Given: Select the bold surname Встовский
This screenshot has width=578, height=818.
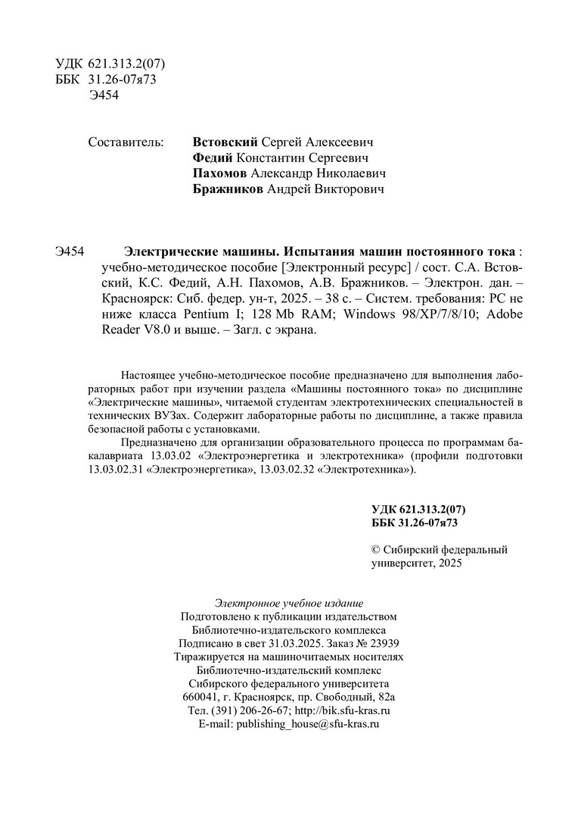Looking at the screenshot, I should pyautogui.click(x=226, y=142).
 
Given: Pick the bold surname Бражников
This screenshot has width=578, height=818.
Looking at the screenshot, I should pyautogui.click(x=228, y=189).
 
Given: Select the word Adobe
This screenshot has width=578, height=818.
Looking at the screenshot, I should pyautogui.click(x=502, y=314).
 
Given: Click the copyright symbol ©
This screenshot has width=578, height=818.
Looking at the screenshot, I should pyautogui.click(x=376, y=550).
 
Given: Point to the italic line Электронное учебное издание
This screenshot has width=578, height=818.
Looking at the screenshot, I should pyautogui.click(x=289, y=603).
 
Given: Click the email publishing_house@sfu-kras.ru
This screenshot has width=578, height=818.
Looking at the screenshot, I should pyautogui.click(x=307, y=724).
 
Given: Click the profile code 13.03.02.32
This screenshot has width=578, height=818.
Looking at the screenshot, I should pyautogui.click(x=286, y=470).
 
